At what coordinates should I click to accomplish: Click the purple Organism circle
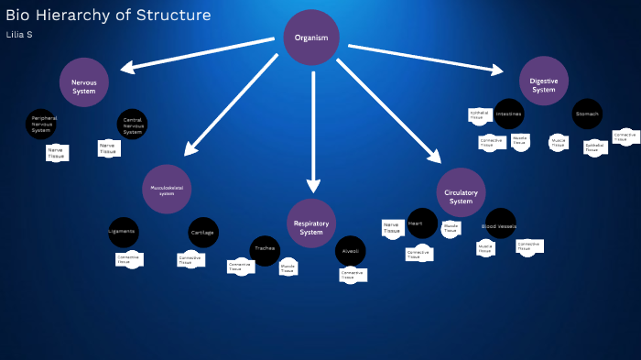pos(311,38)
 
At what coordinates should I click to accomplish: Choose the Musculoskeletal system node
pos(167,190)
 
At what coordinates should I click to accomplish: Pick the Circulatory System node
pos(461,193)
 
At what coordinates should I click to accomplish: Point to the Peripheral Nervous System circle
pos(41,124)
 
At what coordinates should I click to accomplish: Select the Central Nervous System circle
pos(132,125)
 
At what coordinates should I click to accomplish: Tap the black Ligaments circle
pos(123,232)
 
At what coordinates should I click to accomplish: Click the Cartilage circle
pos(202,233)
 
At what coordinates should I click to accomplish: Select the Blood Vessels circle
pos(499,224)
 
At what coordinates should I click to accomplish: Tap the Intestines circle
pos(509,115)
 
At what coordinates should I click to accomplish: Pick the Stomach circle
pos(587,114)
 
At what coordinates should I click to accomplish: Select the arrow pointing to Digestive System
pos(426,58)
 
